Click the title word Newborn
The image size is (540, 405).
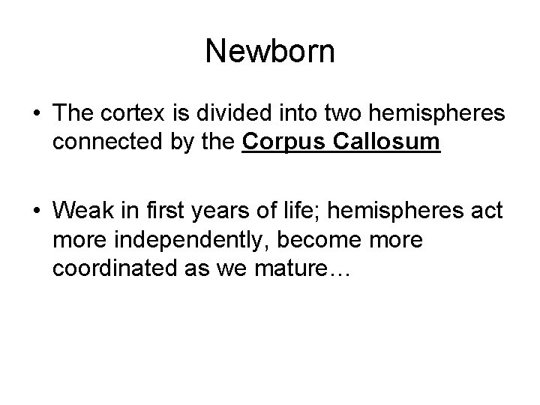click(270, 52)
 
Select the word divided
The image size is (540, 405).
click(208, 115)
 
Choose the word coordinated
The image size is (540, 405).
click(108, 268)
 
